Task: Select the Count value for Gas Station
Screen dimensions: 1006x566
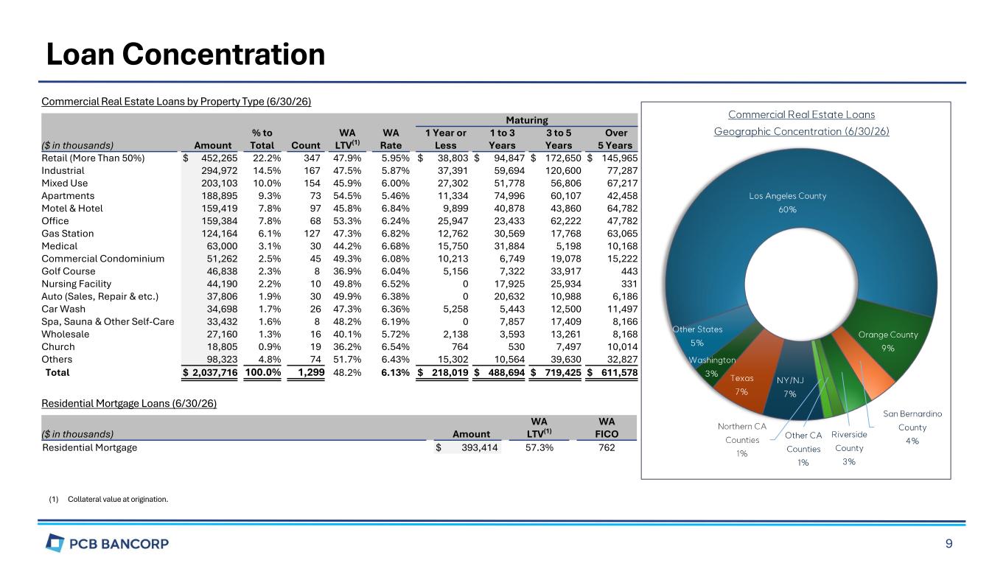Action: click(312, 234)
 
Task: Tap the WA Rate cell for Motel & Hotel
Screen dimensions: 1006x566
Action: click(395, 209)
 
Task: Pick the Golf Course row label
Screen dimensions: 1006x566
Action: click(69, 271)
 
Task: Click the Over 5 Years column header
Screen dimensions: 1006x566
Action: click(615, 139)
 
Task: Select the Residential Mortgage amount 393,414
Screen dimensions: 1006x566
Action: click(480, 447)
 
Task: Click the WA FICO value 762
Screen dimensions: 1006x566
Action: click(607, 447)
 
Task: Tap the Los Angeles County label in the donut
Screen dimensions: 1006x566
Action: click(788, 203)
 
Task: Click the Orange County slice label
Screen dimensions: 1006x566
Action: click(888, 341)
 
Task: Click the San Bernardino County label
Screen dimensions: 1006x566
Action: click(912, 427)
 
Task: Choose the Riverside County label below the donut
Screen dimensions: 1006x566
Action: click(849, 448)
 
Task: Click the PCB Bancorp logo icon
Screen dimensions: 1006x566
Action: click(55, 542)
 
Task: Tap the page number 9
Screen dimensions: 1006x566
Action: click(949, 544)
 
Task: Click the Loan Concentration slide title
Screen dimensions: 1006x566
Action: click(186, 55)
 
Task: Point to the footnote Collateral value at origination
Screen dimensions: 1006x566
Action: click(118, 499)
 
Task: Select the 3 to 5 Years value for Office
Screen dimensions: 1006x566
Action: click(565, 221)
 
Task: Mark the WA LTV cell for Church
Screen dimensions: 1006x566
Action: click(347, 347)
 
